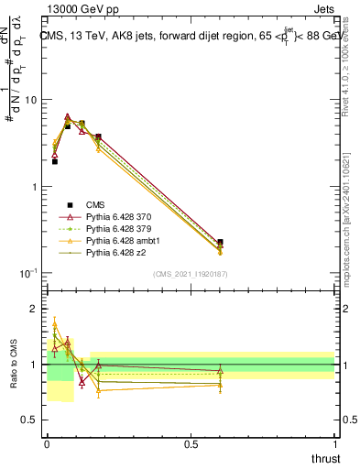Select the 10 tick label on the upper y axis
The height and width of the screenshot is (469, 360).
pos(32,100)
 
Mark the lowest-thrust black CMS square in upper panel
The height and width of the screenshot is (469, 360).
pos(55,161)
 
